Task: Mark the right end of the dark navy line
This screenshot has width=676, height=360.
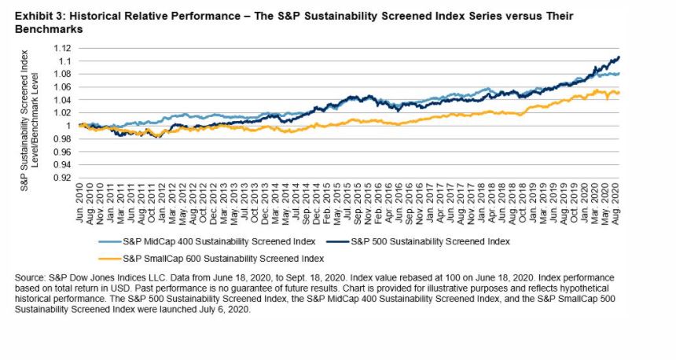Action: pos(619,57)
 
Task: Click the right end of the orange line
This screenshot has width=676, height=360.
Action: pos(619,92)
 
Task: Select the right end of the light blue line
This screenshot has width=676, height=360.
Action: pos(619,74)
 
